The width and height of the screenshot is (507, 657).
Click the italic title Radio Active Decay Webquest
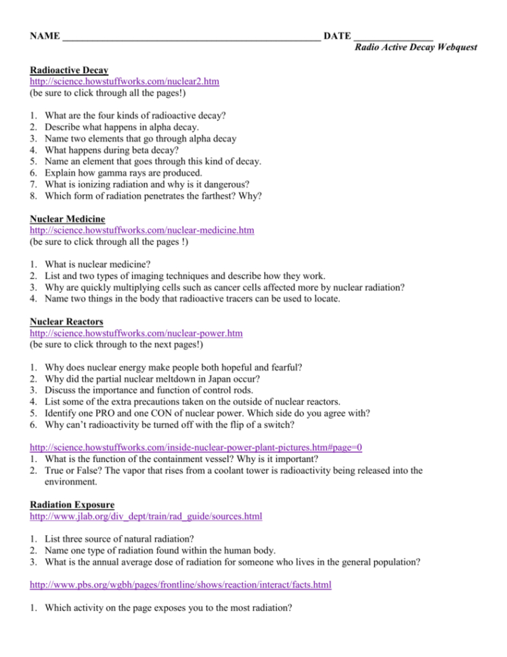click(x=416, y=47)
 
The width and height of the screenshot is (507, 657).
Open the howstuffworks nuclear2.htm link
click(x=125, y=81)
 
